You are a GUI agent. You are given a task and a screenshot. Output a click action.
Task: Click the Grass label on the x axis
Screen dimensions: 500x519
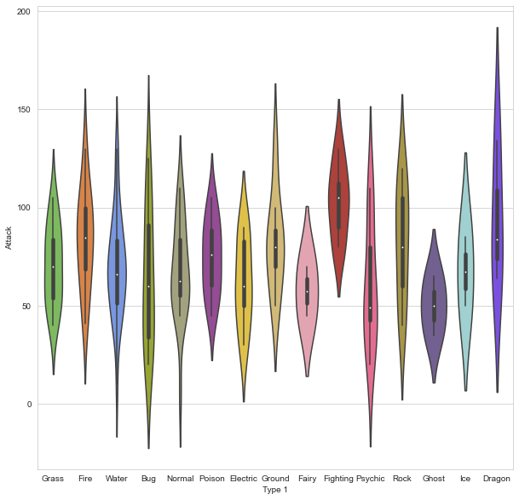click(x=53, y=479)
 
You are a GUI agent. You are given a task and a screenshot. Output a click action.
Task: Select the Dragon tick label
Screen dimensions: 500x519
click(x=497, y=479)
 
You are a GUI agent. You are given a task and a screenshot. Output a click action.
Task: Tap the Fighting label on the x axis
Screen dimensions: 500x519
click(x=338, y=479)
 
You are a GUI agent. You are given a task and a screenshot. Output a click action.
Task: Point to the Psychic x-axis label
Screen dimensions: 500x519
click(x=371, y=479)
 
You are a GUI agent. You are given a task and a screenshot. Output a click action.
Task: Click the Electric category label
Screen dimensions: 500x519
click(x=244, y=479)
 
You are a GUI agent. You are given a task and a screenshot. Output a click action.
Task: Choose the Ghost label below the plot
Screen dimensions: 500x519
click(x=434, y=479)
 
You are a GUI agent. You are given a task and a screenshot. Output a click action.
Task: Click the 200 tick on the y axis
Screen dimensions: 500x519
click(x=23, y=12)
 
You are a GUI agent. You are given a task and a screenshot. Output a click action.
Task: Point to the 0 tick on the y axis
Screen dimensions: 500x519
click(x=28, y=405)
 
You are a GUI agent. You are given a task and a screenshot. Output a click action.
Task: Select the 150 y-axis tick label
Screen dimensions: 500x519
click(x=23, y=110)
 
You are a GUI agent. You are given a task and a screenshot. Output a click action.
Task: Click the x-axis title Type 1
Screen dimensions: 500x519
click(x=275, y=491)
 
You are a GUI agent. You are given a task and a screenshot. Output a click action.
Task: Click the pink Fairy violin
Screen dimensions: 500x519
click(x=307, y=290)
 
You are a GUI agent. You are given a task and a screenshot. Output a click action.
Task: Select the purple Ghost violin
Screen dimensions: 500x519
click(x=434, y=307)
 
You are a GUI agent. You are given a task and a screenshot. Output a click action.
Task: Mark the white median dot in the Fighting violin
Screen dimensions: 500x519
click(x=338, y=198)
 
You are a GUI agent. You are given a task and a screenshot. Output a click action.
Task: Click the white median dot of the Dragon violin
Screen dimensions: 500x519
click(x=497, y=239)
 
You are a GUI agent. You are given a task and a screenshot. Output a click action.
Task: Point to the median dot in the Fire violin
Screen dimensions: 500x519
click(x=85, y=239)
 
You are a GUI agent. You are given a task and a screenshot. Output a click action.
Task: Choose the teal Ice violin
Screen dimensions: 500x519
click(x=465, y=273)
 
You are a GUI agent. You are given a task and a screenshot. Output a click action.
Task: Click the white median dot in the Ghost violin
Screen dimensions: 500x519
click(x=434, y=307)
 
